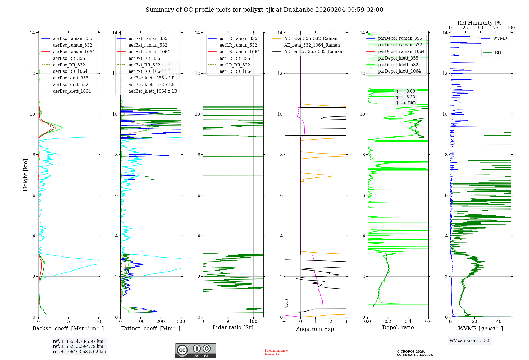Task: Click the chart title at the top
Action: coord(264,10)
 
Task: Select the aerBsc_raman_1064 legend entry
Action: coord(74,52)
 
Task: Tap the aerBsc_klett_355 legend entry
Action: coord(70,78)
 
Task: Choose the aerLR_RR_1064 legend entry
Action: coord(236,71)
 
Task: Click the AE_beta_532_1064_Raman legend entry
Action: coord(312,45)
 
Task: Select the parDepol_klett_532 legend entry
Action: coord(398,65)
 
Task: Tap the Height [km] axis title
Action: coord(25,175)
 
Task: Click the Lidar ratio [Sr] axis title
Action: coord(233,327)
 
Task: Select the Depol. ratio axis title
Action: coord(398,327)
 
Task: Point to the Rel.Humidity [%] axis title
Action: coord(480,23)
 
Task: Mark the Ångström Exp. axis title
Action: coord(316,329)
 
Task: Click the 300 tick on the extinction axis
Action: coord(181,321)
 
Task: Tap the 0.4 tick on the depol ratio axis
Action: coord(408,321)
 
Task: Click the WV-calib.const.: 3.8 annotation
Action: coord(470,340)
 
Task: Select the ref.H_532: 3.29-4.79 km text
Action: coord(78,346)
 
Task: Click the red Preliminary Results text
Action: coord(276,352)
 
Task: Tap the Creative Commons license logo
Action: coord(195,350)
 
